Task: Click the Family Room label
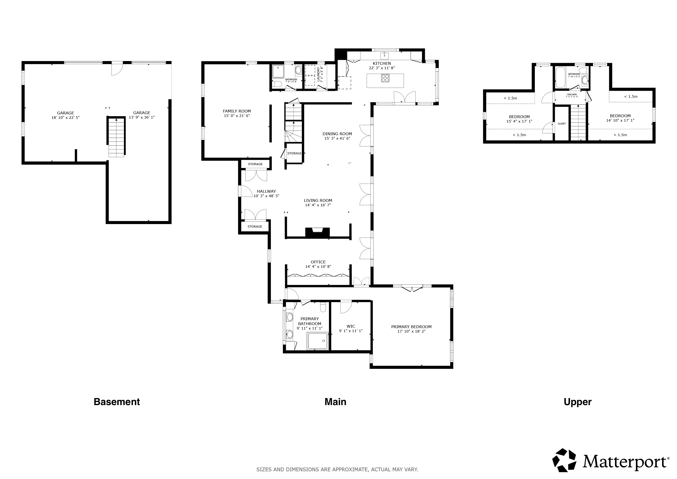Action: point(237,111)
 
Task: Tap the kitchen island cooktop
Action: point(385,78)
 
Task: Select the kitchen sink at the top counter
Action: point(385,55)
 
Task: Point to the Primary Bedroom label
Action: point(411,327)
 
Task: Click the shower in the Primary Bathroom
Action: point(317,341)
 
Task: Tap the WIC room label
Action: point(351,326)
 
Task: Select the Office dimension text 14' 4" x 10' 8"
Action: point(318,267)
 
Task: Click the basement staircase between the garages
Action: point(116,137)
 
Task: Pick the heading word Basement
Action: point(117,402)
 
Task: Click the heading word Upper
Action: point(578,402)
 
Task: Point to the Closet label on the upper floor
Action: point(562,123)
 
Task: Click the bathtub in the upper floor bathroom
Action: point(560,78)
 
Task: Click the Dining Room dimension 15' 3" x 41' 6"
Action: point(337,138)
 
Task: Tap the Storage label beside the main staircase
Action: point(294,153)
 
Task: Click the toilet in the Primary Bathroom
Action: point(323,307)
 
